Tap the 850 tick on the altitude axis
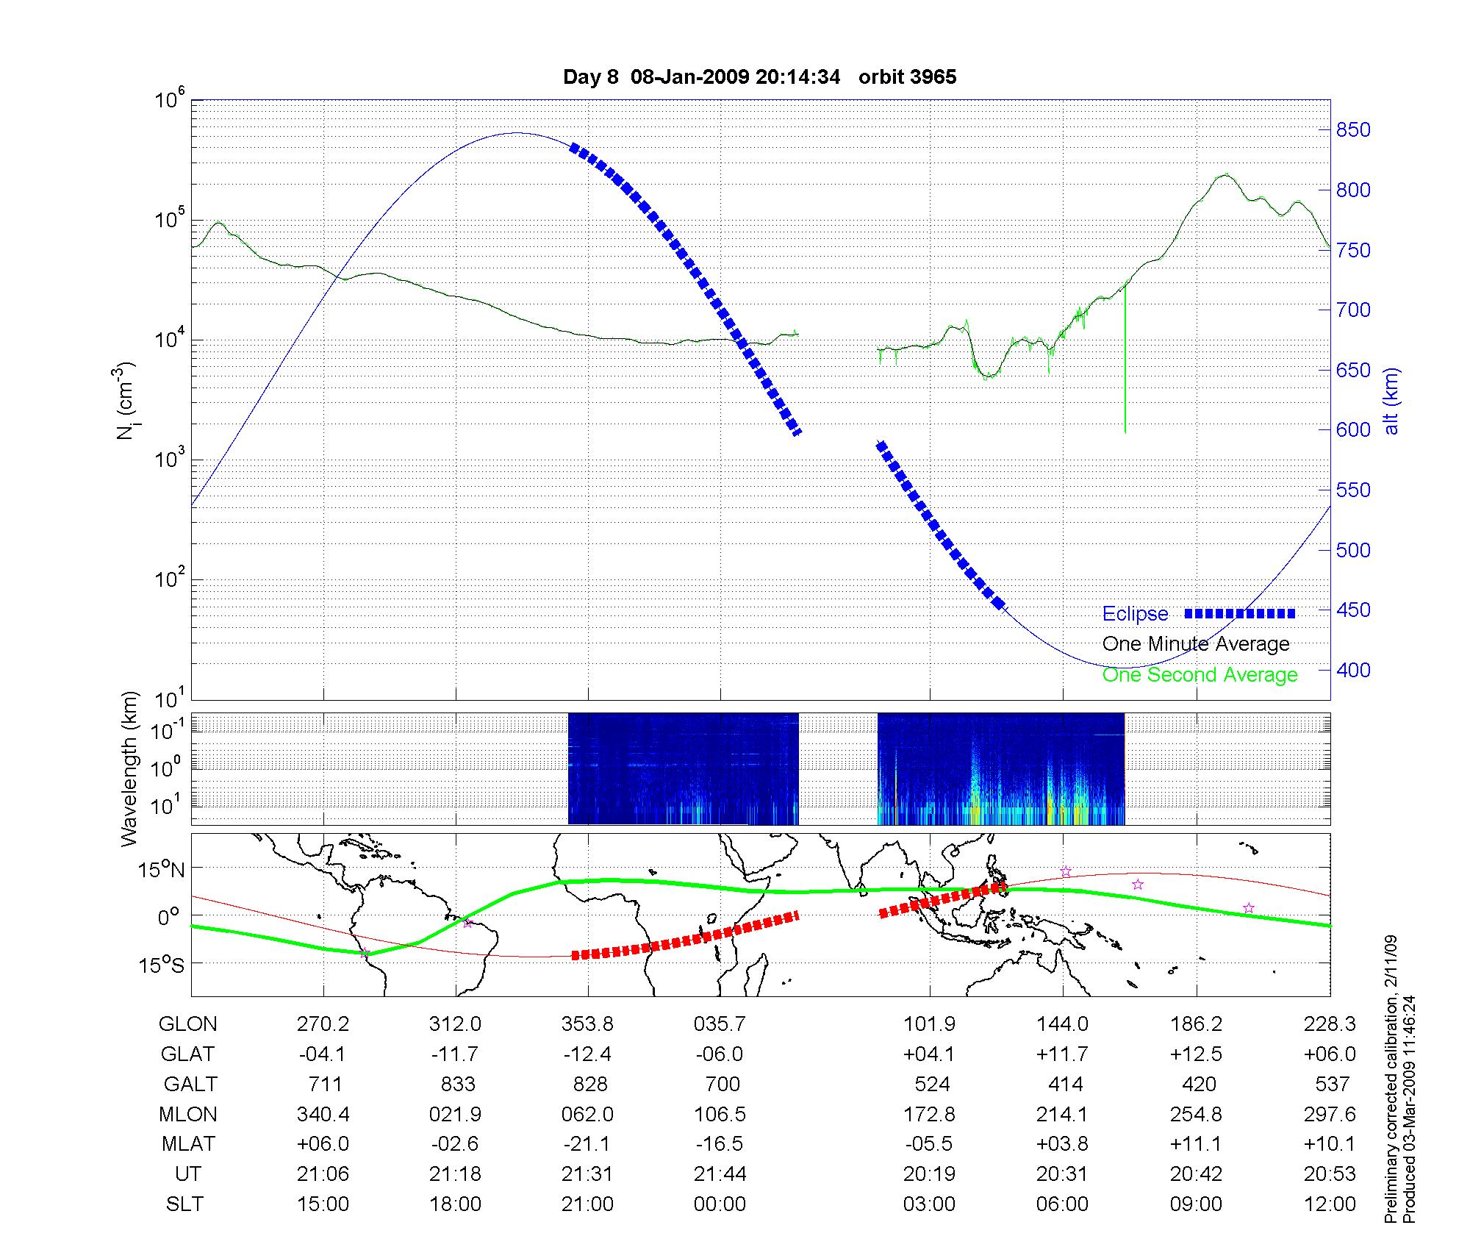[1353, 130]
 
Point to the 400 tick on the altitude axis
[1353, 670]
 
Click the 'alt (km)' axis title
[1391, 401]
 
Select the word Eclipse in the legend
[1135, 614]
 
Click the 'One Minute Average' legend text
[1196, 644]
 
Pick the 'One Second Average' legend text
[1200, 675]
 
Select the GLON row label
[188, 1024]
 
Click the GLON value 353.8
[587, 1024]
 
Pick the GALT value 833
[457, 1085]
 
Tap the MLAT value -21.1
[587, 1144]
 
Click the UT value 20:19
[929, 1174]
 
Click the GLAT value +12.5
[1196, 1054]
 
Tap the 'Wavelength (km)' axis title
[129, 769]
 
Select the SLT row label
[184, 1204]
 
